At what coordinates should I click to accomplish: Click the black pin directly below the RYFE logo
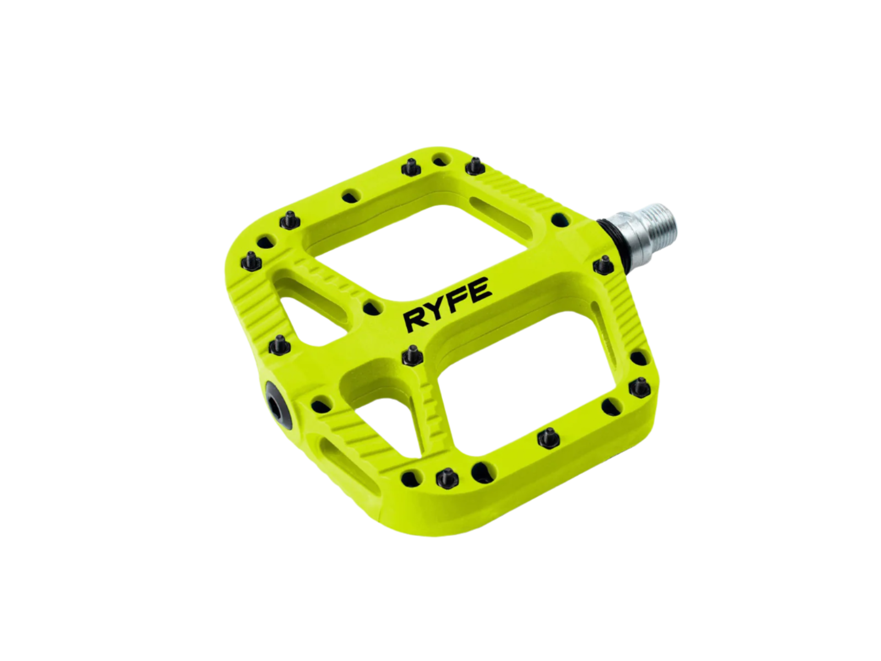click(x=411, y=355)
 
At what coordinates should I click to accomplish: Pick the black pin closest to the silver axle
click(x=603, y=266)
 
